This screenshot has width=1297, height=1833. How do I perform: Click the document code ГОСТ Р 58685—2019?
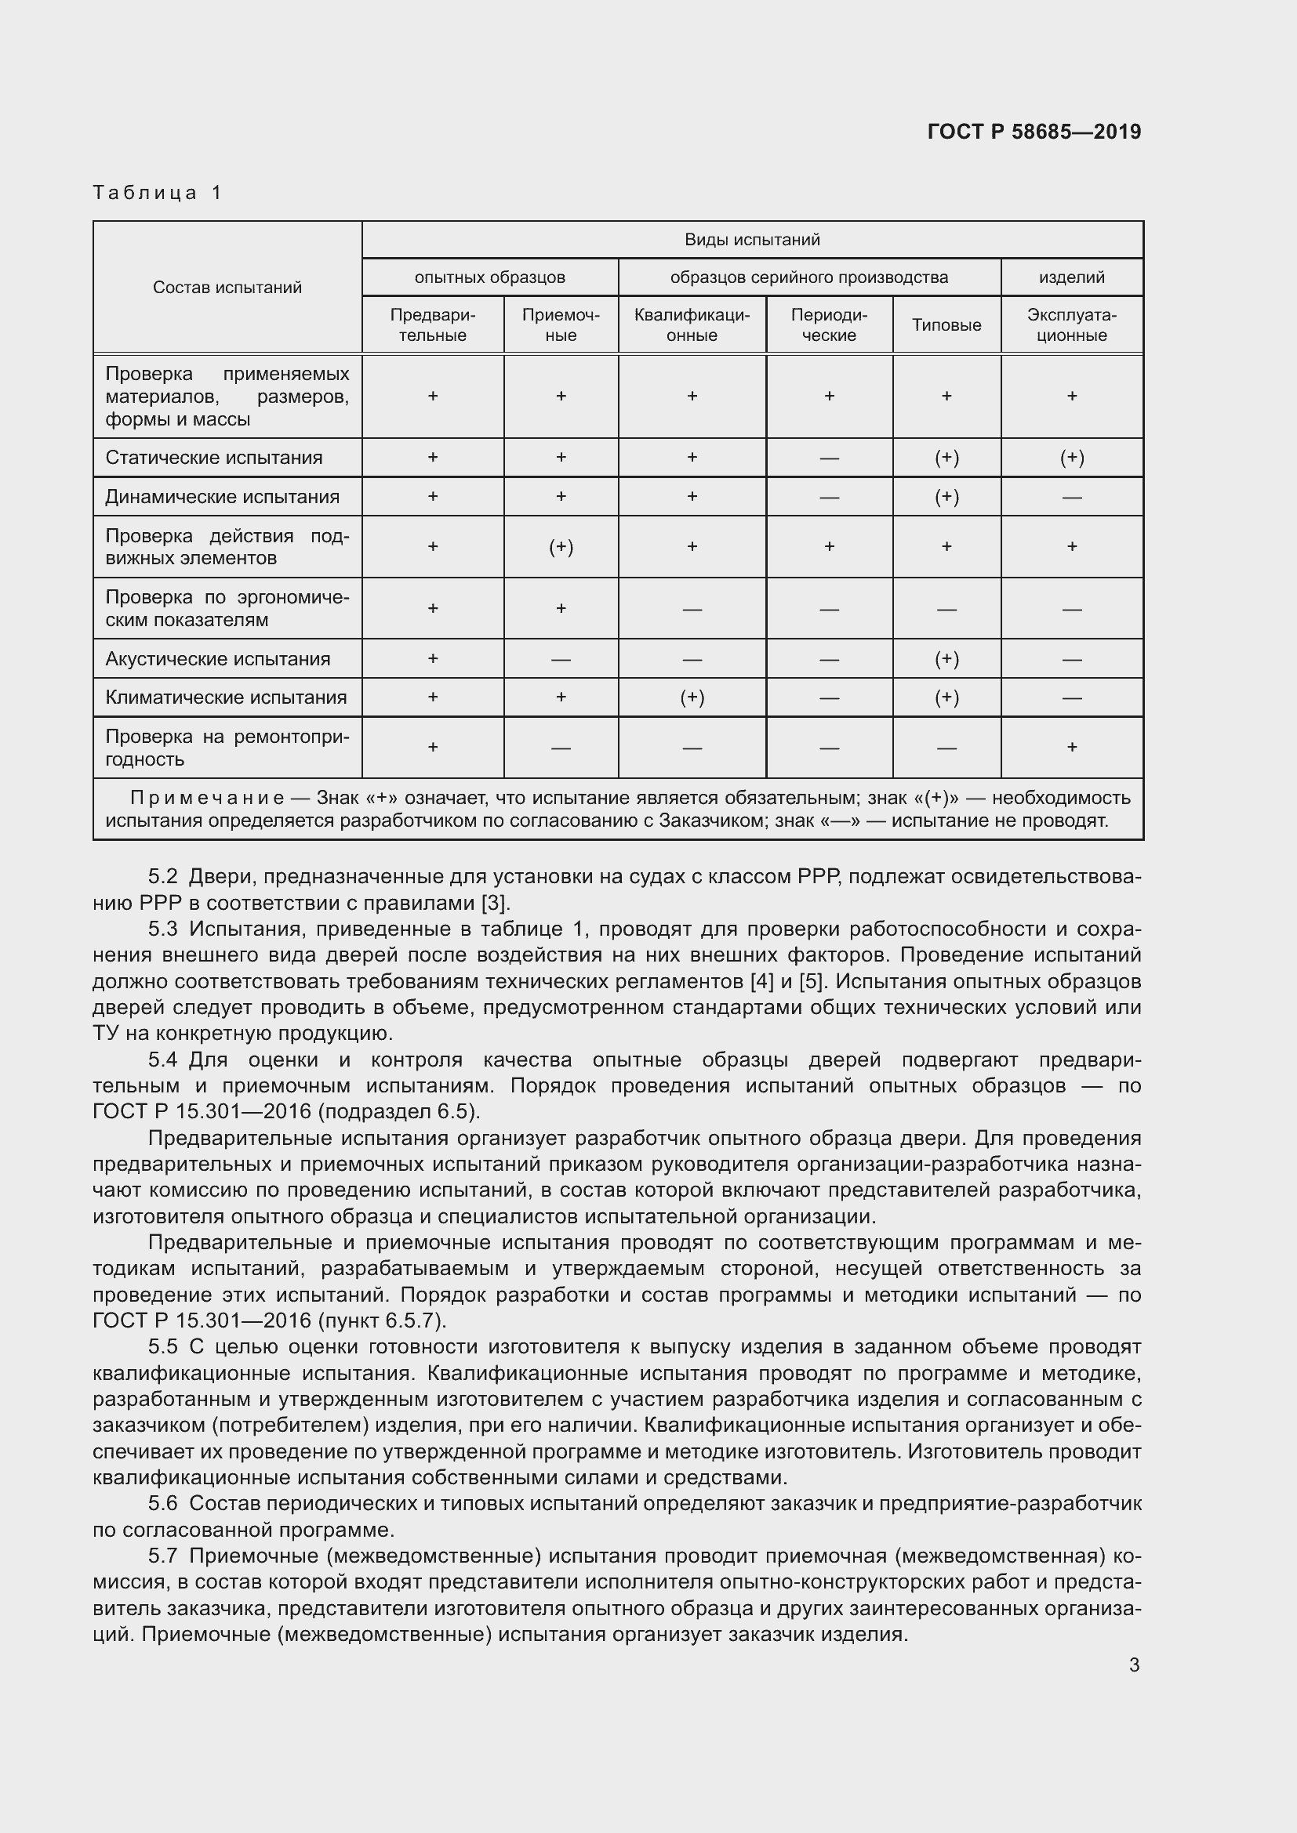(1034, 132)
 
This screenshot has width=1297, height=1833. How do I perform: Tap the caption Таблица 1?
(158, 193)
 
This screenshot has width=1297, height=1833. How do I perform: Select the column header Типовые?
(946, 325)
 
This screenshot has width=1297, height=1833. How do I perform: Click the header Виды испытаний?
(751, 240)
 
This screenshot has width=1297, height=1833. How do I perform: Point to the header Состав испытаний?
(227, 288)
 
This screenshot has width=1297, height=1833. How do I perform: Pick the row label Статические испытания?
(213, 458)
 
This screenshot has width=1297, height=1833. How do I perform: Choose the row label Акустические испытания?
(217, 658)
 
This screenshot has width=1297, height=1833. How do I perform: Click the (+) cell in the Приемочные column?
(561, 547)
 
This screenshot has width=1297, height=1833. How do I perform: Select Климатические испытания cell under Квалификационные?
(692, 697)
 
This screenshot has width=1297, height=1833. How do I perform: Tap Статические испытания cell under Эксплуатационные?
(1071, 458)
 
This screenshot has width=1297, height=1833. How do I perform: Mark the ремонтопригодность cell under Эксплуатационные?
(1071, 748)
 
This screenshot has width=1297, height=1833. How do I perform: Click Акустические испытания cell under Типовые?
(946, 658)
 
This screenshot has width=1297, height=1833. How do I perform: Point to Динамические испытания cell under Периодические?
(828, 497)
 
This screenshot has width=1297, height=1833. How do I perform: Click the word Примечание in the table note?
(207, 798)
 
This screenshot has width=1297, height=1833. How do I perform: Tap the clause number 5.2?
(163, 877)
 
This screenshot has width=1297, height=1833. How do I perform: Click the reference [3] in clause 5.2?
(492, 903)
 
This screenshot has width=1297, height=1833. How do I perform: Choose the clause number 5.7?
(163, 1556)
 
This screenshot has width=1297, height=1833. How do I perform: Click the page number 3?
(1133, 1665)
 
